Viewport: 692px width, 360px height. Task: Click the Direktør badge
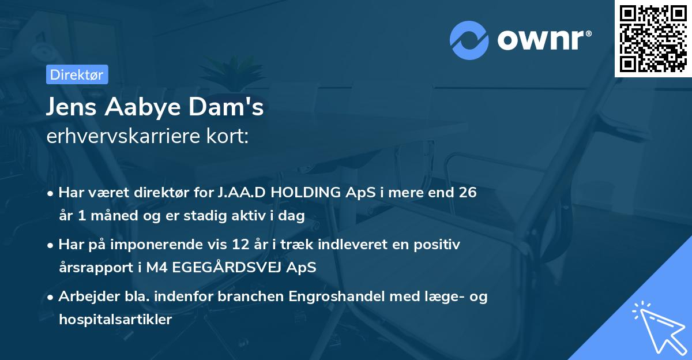pyautogui.click(x=77, y=74)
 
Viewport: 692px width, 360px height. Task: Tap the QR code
pyautogui.click(x=653, y=39)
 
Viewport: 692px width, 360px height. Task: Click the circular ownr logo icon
pyautogui.click(x=469, y=40)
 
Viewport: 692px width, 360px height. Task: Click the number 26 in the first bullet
pyautogui.click(x=468, y=193)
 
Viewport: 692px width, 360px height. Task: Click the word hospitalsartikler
pyautogui.click(x=115, y=320)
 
